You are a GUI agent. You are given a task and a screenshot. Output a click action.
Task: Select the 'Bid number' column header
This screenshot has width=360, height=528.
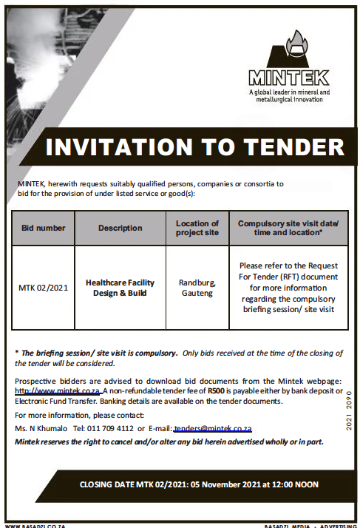click(42, 228)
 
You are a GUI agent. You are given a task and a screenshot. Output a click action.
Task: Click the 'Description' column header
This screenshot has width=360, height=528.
click(120, 228)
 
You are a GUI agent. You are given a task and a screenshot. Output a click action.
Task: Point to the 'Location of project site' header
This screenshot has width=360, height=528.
click(197, 228)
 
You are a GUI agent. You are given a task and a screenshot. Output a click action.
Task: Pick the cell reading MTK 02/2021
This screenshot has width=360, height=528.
click(43, 288)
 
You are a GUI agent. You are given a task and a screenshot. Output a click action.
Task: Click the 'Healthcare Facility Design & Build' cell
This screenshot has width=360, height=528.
click(120, 288)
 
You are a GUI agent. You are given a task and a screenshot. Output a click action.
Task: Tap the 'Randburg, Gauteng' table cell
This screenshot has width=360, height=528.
click(197, 288)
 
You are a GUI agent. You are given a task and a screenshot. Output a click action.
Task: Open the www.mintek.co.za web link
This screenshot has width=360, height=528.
click(57, 390)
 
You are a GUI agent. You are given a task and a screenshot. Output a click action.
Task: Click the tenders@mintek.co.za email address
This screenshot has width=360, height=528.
click(213, 429)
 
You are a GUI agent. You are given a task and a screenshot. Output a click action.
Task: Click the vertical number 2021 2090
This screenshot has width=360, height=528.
click(349, 415)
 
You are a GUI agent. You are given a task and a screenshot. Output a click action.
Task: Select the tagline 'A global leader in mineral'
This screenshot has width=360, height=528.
click(289, 92)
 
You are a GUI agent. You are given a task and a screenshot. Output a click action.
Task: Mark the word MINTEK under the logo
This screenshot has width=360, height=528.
click(289, 77)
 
